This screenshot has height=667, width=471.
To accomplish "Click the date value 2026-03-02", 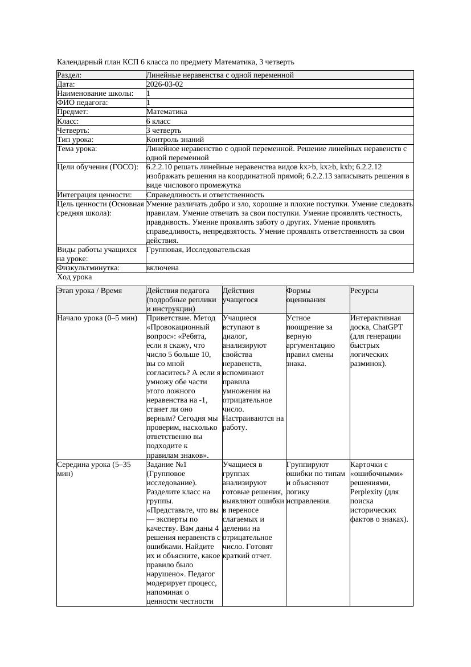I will coord(165,84).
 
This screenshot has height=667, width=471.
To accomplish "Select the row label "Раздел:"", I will coord(69,75).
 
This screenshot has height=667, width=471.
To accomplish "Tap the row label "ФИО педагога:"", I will coord(83,103).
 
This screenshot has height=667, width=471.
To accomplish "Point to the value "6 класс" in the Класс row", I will coord(158,121).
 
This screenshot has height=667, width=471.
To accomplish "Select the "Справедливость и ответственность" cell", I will coord(205,195).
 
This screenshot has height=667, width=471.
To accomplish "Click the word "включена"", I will coord(162,268).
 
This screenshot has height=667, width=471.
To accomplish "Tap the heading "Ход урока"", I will coord(75,277).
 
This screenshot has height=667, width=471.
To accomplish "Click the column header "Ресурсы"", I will coord(364,291).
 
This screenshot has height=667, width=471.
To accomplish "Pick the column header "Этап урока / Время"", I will coord(89,291).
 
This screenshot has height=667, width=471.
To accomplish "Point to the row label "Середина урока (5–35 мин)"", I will coord(93,469).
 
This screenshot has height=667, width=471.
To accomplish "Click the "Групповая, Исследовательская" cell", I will coord(198,250).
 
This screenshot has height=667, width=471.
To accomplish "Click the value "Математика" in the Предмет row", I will coord(166,112).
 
